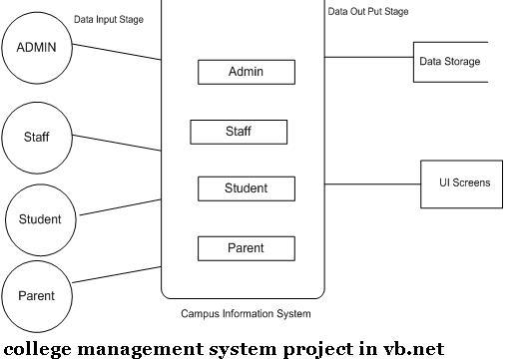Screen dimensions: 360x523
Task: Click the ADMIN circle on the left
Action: coord(36,47)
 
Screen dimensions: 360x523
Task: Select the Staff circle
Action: coord(37,138)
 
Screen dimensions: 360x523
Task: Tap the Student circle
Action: coord(40,219)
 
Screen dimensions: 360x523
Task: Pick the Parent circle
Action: coord(36,296)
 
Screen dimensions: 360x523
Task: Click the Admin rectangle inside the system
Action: coord(246,72)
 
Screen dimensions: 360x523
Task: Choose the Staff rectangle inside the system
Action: coord(239,132)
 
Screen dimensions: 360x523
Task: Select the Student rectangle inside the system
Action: coord(246,188)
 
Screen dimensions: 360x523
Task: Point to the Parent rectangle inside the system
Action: coord(246,248)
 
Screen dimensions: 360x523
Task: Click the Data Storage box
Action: coord(450,62)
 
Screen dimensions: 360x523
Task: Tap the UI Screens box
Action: coord(461,183)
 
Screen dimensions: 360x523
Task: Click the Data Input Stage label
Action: coord(111,19)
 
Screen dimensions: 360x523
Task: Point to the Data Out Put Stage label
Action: coord(368,12)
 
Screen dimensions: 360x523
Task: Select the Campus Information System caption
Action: coord(246,314)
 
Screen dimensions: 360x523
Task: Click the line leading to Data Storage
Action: coord(369,57)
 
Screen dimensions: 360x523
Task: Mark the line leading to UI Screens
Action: coord(372,183)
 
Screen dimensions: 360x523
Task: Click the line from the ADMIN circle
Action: coord(117,51)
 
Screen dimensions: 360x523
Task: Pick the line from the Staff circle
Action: coord(118,143)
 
